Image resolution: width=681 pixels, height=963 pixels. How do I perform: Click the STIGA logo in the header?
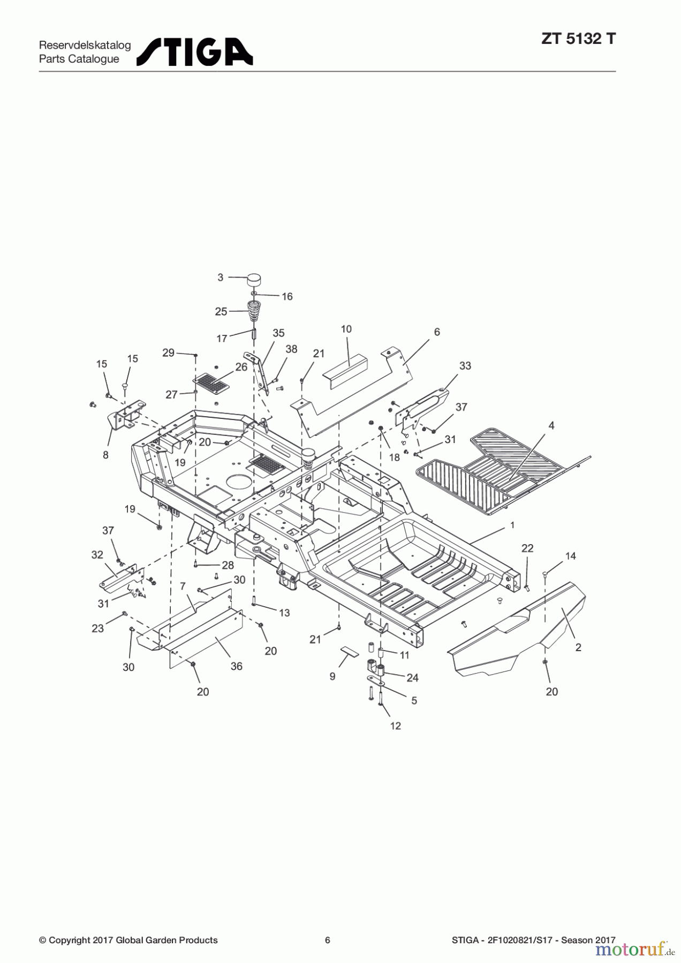195,51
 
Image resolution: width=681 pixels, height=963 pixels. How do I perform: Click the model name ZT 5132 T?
578,39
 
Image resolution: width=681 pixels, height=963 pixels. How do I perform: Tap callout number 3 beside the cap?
220,277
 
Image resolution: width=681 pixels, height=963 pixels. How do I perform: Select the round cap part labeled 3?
254,279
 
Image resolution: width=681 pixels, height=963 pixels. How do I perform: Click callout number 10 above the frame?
346,329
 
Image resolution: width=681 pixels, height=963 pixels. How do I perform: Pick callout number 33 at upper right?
465,366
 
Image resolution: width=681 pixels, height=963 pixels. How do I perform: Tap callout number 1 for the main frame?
512,525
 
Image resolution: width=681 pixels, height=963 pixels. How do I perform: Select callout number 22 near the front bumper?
527,548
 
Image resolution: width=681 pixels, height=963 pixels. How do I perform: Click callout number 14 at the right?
570,556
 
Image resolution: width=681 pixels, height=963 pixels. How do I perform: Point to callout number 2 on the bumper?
578,647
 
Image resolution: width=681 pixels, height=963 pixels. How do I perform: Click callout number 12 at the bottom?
395,726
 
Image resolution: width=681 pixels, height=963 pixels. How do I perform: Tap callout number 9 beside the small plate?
332,677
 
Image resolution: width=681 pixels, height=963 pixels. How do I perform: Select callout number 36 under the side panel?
236,666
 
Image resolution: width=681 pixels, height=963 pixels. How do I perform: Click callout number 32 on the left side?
97,555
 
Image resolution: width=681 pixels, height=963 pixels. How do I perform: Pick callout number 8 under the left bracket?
105,455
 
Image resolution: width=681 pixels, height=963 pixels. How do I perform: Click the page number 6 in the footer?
328,940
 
